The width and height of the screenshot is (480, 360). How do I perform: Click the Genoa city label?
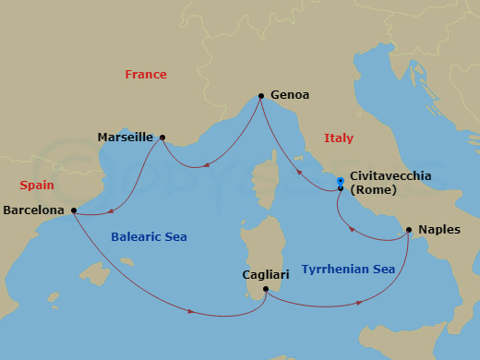290,94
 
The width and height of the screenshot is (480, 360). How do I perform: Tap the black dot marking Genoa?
261,95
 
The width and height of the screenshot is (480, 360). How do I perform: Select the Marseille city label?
125,138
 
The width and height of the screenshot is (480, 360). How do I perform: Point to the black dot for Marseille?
162,138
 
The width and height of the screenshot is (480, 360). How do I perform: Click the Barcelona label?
34,210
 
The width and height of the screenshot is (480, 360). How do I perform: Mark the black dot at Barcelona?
74,210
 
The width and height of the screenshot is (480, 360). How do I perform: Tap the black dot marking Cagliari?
265,290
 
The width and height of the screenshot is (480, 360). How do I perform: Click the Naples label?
439,229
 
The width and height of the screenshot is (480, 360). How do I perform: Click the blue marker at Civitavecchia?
341,183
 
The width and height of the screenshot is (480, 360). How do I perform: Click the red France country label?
146,75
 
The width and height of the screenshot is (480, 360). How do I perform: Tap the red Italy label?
339,138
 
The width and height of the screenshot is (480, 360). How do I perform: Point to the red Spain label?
36,185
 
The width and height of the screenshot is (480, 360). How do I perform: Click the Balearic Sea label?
149,237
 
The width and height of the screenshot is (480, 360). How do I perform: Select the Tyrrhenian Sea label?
348,269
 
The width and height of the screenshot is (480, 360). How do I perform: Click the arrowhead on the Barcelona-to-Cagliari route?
190,311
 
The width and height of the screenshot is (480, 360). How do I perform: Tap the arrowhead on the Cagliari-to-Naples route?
359,301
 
